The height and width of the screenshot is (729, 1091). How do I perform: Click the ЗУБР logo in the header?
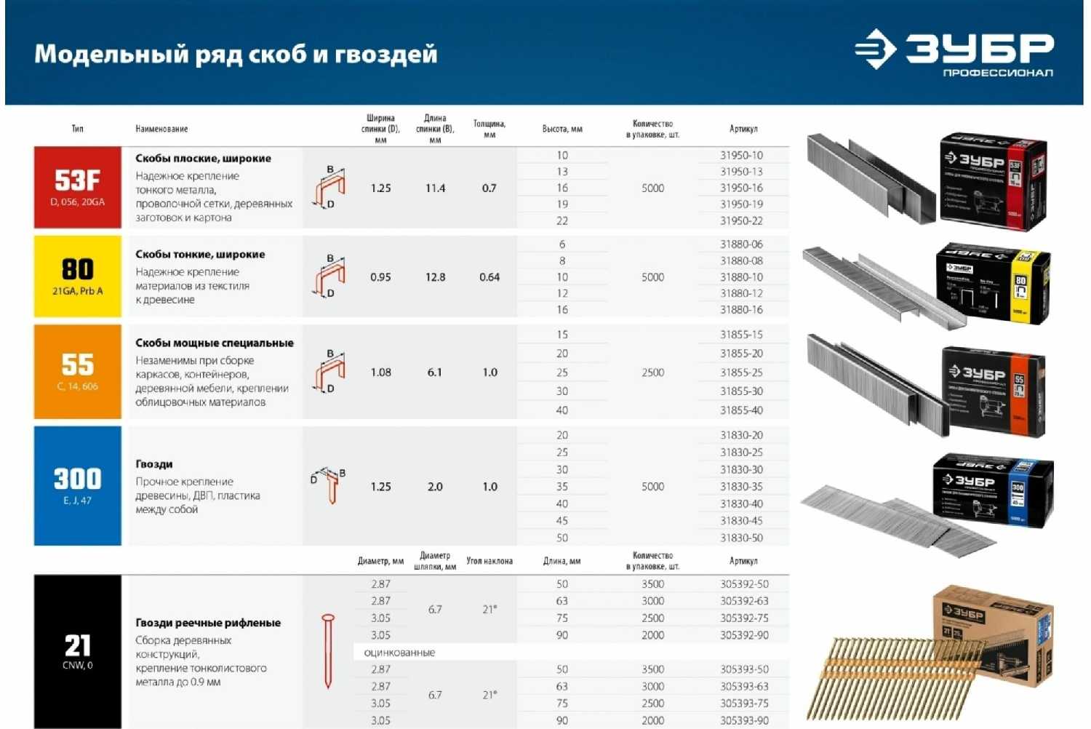(954, 51)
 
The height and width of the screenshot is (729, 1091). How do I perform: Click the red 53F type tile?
(77, 188)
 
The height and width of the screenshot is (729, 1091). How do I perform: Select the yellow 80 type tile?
(77, 276)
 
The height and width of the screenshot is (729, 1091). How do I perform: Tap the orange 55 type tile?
(77, 371)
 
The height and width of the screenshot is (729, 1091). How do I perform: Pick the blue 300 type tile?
(77, 485)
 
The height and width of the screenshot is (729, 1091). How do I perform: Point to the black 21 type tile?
(77, 651)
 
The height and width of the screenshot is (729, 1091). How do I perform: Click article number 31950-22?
(741, 220)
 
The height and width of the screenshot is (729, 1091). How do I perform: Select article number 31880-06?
(741, 244)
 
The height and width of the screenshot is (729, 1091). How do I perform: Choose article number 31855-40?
(741, 410)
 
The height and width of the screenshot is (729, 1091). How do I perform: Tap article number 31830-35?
(741, 487)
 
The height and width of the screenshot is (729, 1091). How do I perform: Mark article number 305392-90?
(744, 635)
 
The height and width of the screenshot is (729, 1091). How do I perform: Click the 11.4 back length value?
(435, 188)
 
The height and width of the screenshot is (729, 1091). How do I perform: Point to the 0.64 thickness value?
(489, 277)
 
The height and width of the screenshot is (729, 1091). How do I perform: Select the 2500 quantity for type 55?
(652, 373)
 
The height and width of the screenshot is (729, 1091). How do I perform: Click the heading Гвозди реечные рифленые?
(208, 623)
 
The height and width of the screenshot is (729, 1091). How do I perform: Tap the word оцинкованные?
(399, 653)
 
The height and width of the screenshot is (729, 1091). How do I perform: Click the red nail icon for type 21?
(328, 651)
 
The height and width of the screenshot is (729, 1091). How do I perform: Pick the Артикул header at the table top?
(743, 129)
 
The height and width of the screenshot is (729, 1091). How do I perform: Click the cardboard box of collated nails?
(993, 633)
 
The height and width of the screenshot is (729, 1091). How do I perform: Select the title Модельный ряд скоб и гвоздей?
(236, 54)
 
